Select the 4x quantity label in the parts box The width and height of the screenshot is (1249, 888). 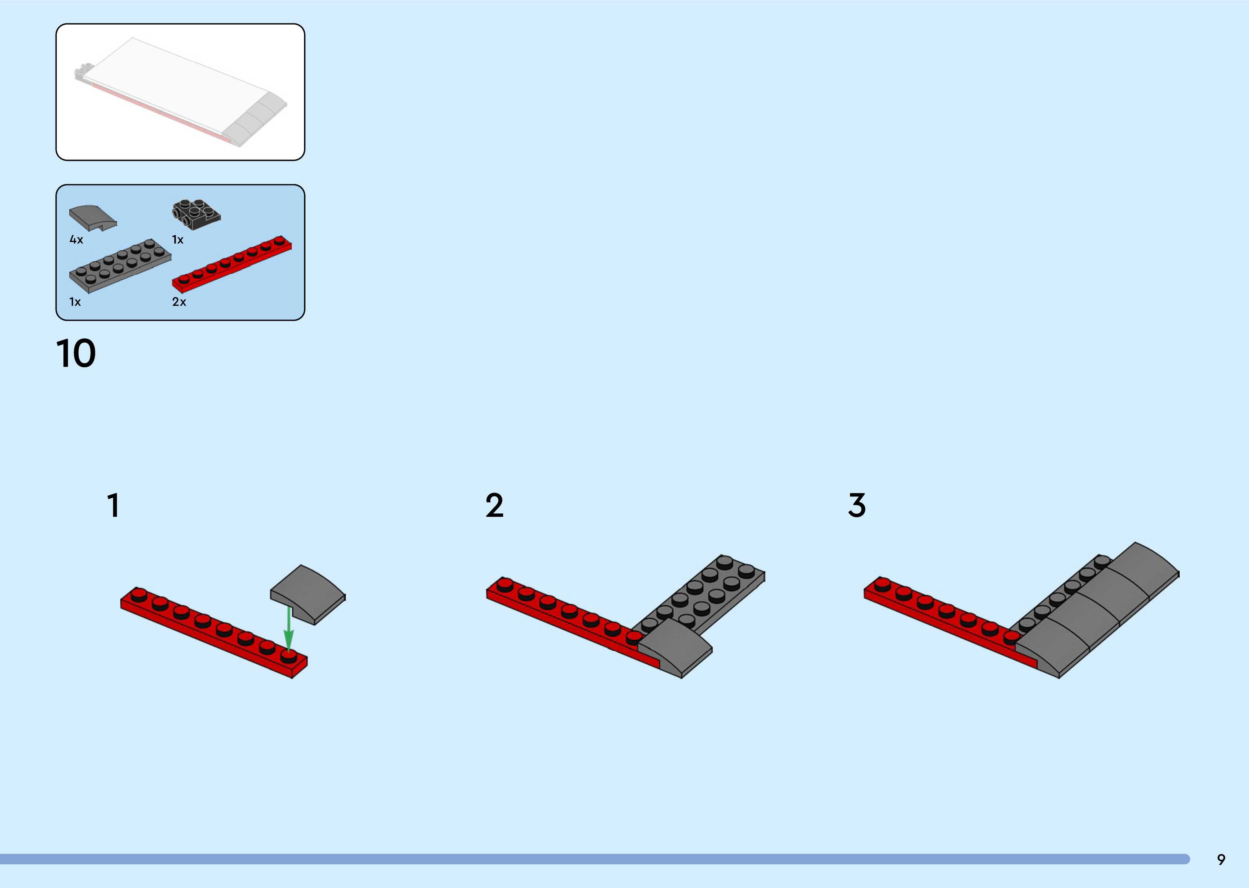click(76, 240)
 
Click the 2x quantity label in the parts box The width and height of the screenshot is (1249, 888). click(179, 302)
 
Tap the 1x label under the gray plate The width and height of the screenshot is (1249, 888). click(75, 302)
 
